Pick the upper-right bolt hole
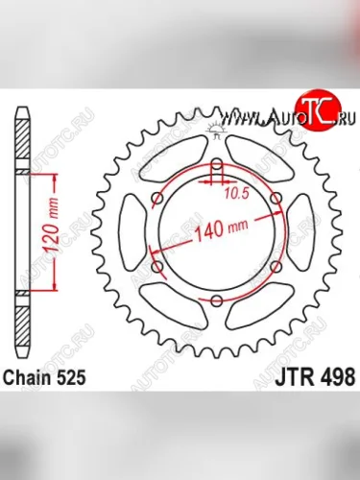[276, 198]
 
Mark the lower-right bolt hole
[276, 266]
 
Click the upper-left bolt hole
[157, 198]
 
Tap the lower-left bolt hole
[157, 266]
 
